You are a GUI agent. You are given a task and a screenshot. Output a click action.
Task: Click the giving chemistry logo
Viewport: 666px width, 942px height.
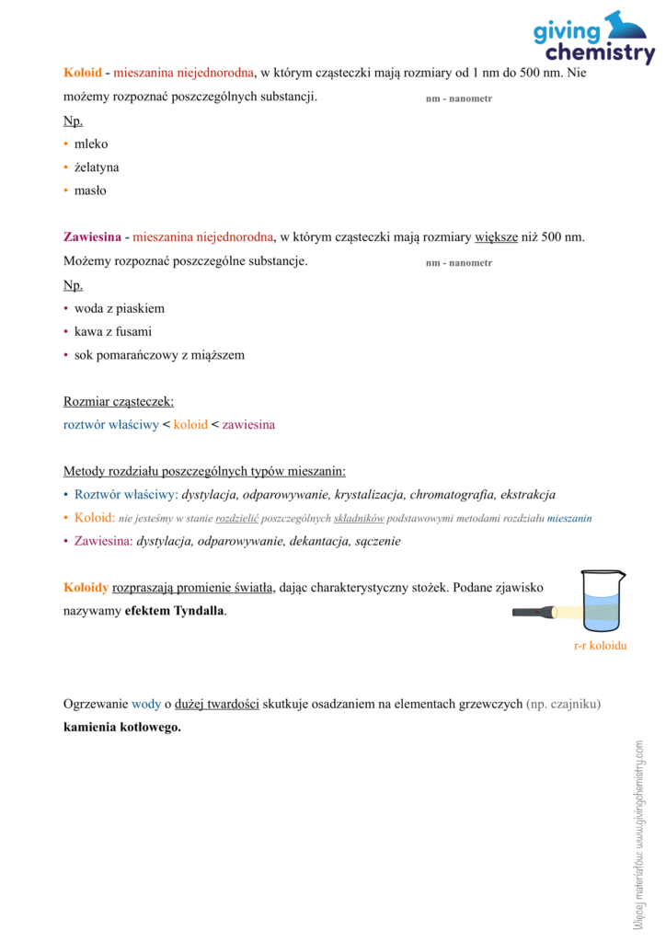click(x=593, y=39)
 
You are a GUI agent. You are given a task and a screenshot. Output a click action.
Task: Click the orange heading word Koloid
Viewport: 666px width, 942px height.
click(x=83, y=72)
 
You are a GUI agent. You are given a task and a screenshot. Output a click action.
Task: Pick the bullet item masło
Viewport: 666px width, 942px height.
click(x=90, y=190)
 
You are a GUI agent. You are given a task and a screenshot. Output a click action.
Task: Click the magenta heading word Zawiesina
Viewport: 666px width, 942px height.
click(x=92, y=237)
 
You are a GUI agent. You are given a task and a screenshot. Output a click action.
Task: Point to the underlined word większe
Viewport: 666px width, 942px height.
click(x=497, y=237)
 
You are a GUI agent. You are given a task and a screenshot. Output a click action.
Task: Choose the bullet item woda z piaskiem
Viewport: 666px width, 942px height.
click(x=120, y=308)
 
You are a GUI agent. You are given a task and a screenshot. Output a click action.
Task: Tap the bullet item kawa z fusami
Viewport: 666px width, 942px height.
click(x=113, y=331)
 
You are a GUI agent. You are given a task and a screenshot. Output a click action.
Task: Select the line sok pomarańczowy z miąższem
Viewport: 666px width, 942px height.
click(x=159, y=354)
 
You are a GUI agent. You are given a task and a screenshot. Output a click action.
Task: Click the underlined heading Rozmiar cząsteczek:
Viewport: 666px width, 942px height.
click(x=119, y=401)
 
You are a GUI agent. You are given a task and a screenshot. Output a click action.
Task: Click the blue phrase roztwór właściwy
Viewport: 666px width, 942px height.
click(x=110, y=425)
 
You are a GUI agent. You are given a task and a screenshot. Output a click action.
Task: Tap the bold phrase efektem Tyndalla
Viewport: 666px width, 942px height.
click(x=175, y=611)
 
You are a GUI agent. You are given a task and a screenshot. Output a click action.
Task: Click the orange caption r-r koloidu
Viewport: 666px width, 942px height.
click(x=600, y=646)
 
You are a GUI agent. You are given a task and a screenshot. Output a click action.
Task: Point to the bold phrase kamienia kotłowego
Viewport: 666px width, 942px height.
click(x=122, y=727)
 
